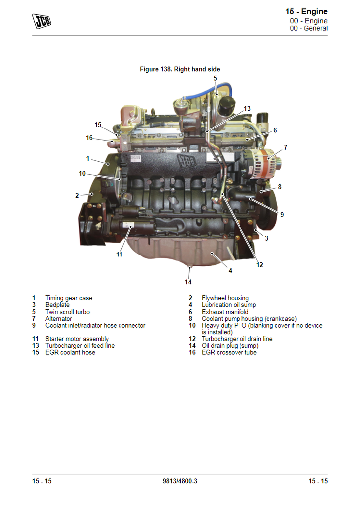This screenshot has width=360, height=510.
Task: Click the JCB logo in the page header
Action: coord(42,21)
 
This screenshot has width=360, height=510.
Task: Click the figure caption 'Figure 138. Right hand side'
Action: coord(180,69)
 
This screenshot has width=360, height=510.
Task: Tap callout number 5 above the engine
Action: coord(215,78)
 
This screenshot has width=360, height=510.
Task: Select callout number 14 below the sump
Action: coord(188,282)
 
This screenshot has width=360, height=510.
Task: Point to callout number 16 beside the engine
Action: coord(89,138)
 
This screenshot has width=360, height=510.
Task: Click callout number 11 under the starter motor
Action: coord(120,255)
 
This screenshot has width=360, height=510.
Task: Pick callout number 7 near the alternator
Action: coord(285,147)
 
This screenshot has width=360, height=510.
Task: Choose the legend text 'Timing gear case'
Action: coord(69,298)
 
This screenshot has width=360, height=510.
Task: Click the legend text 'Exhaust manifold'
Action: coord(225,312)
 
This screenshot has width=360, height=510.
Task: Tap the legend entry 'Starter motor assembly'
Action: coord(77,339)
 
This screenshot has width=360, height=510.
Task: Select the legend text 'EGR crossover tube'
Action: coord(229,352)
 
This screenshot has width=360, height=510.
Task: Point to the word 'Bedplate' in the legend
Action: coord(57,305)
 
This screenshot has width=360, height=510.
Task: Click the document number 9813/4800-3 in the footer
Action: coord(180,481)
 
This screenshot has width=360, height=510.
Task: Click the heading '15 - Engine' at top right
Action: coord(306,12)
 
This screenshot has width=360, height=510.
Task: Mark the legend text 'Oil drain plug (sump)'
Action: coord(230,346)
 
